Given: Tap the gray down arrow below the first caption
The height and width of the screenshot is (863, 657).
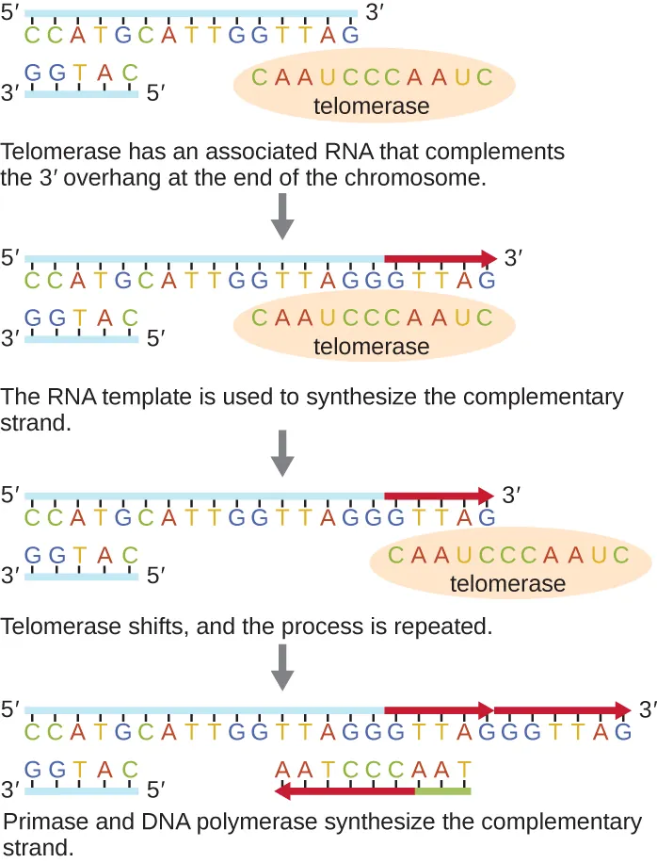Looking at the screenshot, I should [x=282, y=220].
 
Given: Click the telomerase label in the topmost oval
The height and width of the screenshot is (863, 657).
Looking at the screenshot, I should [x=371, y=106].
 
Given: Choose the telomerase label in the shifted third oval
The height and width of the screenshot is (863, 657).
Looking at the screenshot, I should [x=507, y=584].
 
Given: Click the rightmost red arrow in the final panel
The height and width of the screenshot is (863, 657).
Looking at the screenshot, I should [x=563, y=708].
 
